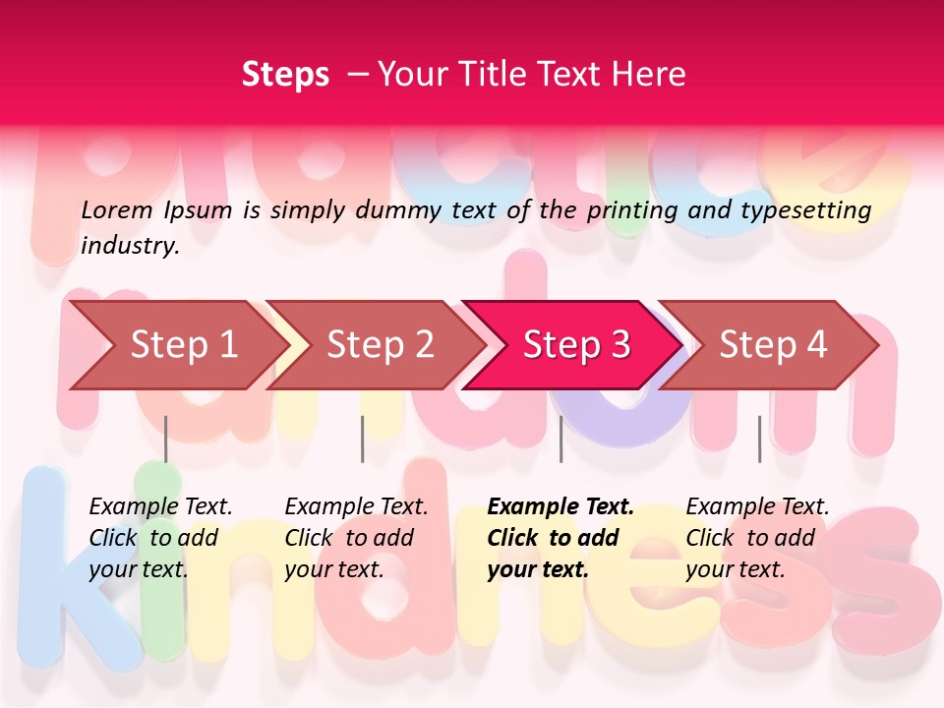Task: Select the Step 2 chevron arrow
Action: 380,344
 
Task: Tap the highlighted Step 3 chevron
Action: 576,344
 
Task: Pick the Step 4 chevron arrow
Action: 773,344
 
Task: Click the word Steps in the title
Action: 285,74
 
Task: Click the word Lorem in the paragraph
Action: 116,209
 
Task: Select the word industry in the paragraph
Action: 129,246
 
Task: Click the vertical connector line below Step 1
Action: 166,439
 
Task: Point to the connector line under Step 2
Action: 363,439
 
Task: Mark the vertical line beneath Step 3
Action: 560,439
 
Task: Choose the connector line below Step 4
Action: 759,439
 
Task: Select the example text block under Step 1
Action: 160,538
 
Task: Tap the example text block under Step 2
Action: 356,538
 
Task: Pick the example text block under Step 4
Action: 757,538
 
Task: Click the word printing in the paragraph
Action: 624,210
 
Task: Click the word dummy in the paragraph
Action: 397,210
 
